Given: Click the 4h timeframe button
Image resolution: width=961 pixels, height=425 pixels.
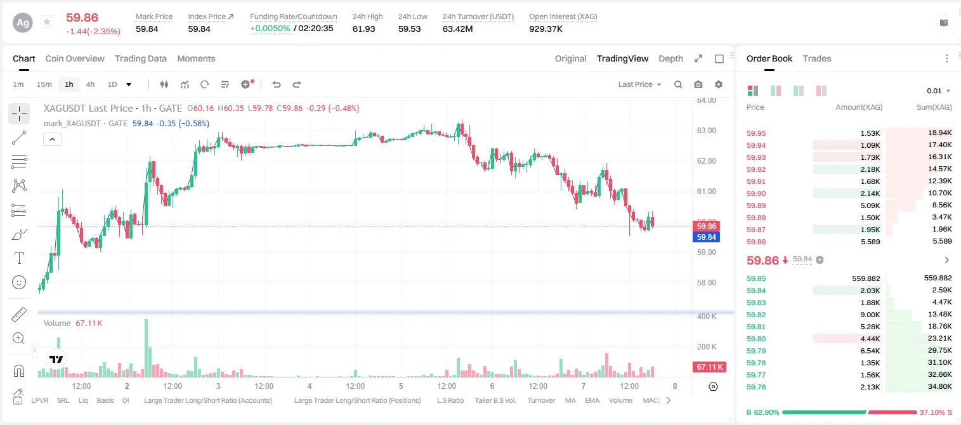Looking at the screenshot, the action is (x=90, y=84).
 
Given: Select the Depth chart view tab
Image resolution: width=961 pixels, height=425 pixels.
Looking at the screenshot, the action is (x=670, y=58).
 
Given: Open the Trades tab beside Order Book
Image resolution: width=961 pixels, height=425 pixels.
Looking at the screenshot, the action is (x=817, y=58).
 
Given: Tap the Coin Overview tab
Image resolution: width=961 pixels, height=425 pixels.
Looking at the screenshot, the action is (x=75, y=58).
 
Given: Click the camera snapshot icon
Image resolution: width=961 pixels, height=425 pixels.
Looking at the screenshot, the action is (x=698, y=84).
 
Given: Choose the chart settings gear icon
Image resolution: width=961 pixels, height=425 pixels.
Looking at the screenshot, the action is (x=719, y=84).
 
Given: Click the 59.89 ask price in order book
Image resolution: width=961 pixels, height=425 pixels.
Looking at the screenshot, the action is (x=756, y=206).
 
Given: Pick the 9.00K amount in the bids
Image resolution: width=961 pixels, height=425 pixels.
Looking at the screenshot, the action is (x=870, y=315).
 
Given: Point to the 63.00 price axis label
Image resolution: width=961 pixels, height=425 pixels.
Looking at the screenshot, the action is (x=706, y=131).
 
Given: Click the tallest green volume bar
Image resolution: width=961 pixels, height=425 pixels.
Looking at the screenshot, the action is (x=147, y=348).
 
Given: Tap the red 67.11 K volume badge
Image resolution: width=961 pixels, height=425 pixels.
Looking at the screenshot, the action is (x=709, y=367).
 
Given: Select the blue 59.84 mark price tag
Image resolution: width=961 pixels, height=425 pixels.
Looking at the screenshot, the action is (x=706, y=237).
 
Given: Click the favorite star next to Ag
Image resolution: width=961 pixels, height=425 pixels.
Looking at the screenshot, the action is (x=47, y=22).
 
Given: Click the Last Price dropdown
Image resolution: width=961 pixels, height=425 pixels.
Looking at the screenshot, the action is (x=639, y=84).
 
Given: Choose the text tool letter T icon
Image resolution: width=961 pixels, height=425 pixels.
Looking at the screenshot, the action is (x=19, y=258).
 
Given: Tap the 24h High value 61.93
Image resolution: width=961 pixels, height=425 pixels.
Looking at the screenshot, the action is (x=364, y=29).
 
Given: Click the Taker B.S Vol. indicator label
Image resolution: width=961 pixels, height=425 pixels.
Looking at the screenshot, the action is (x=495, y=400).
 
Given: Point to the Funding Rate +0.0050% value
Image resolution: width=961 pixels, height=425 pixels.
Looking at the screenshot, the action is (x=270, y=29).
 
